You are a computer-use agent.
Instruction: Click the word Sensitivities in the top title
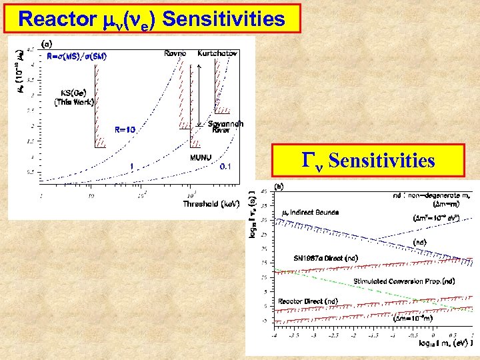(x=223, y=19)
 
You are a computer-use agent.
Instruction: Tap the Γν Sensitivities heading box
(x=369, y=161)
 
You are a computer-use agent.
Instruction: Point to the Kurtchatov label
(x=216, y=52)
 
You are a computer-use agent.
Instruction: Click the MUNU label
(x=201, y=157)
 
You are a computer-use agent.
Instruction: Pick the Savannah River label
(x=225, y=127)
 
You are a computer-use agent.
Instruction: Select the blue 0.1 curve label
(x=227, y=167)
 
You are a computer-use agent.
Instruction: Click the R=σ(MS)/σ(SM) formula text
(x=77, y=56)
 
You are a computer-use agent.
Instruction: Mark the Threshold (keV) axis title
(x=211, y=204)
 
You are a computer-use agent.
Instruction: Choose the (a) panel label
(x=48, y=43)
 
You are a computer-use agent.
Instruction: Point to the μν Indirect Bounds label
(x=310, y=212)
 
